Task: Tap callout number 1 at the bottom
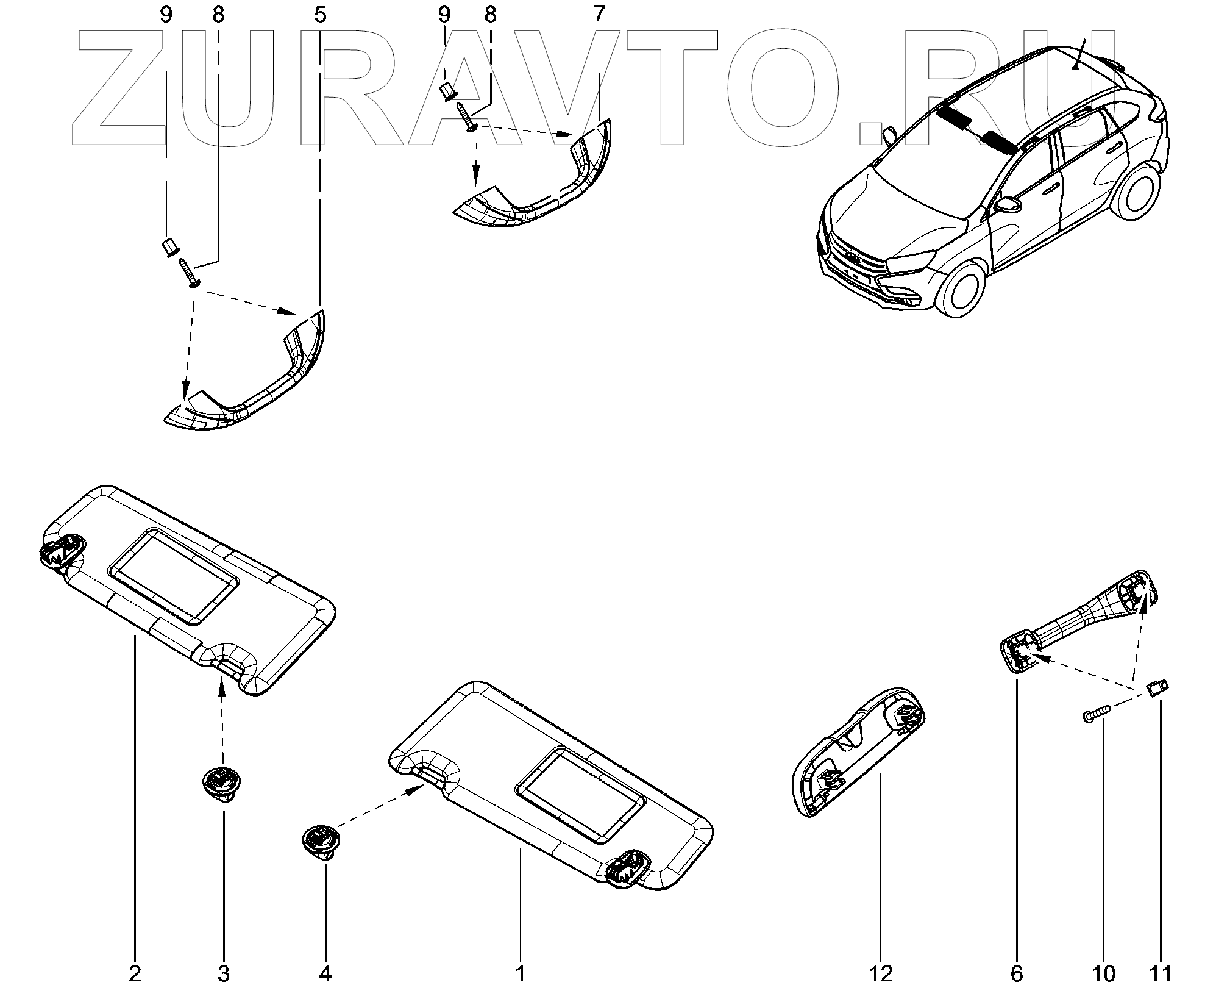pyautogui.click(x=520, y=973)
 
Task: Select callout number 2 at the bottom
pyautogui.click(x=135, y=973)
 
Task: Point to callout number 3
pyautogui.click(x=223, y=973)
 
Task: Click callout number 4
pyautogui.click(x=325, y=973)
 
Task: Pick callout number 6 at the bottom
pyautogui.click(x=1017, y=973)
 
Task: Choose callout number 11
pyautogui.click(x=1161, y=973)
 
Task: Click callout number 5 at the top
pyautogui.click(x=320, y=15)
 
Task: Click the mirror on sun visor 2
pyautogui.click(x=174, y=577)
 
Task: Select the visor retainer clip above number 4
pyautogui.click(x=320, y=840)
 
